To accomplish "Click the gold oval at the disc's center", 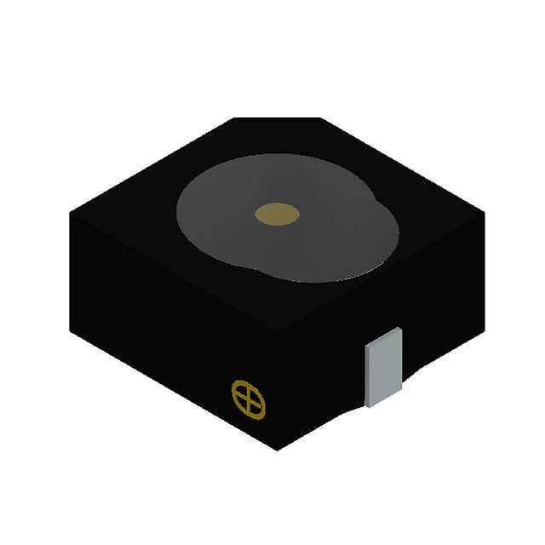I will (x=278, y=215).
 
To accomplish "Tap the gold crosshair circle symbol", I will (x=249, y=399).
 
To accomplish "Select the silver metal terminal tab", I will (x=383, y=366).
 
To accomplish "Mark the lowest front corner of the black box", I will (x=277, y=450).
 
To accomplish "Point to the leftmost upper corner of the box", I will (x=70, y=213).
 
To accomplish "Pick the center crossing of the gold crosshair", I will (x=249, y=399).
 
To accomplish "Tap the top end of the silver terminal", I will (x=383, y=332).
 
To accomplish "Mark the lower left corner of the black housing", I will (x=72, y=334).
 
